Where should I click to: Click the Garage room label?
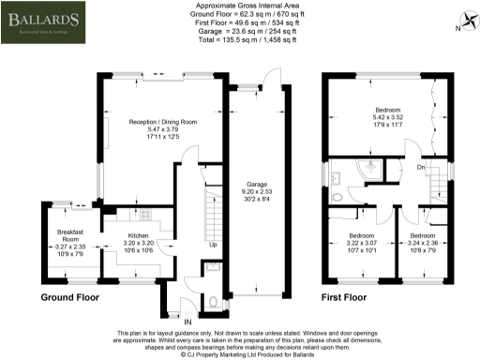click(256, 185)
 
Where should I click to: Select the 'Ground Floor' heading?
click(71, 297)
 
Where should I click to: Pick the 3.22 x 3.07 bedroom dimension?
click(361, 244)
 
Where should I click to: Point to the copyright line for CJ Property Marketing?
click(239, 354)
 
